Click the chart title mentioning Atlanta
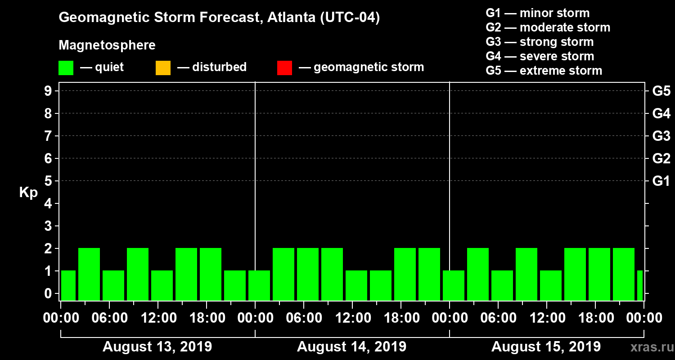(219, 18)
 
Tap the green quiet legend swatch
(66, 68)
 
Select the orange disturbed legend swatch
(163, 68)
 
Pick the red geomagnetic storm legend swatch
(284, 68)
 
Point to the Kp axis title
(28, 193)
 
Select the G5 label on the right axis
(661, 91)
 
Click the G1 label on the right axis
(661, 181)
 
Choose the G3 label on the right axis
(661, 136)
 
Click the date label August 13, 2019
(157, 347)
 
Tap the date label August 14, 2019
(351, 347)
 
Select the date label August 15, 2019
(545, 347)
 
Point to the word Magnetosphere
(107, 45)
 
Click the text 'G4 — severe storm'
(540, 56)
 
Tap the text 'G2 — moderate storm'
(548, 27)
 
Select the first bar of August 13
(68, 285)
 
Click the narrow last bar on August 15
(640, 285)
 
